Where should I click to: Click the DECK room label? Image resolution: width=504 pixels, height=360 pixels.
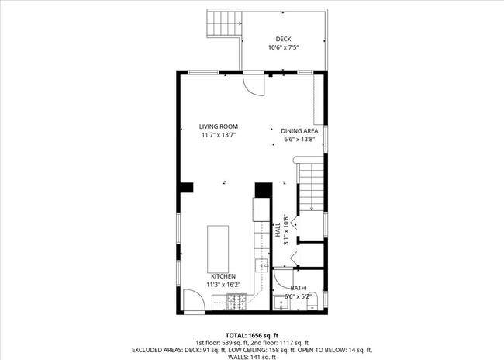point(284,40)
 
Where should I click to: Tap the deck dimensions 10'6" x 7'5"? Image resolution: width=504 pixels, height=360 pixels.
point(284,48)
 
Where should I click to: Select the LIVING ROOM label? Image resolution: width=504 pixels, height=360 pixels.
point(218,126)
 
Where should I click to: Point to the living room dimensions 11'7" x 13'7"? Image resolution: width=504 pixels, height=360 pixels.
point(218,135)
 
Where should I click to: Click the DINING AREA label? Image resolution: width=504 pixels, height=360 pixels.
point(299,131)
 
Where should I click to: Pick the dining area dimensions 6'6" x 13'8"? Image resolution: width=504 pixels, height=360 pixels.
point(299,140)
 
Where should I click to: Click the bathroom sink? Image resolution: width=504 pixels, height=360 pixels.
point(281,303)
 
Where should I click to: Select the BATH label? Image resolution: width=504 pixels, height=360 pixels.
point(298,288)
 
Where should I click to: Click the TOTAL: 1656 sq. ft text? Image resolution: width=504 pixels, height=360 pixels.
point(252,334)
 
